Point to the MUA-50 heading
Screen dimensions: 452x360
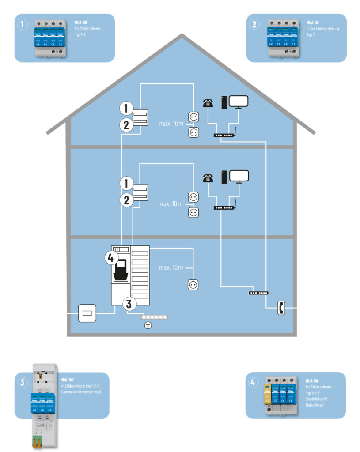tap(312, 380)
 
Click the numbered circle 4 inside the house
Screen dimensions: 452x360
tap(112, 258)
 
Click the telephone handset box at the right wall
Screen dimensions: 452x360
tap(280, 308)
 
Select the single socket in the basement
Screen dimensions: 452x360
tap(193, 285)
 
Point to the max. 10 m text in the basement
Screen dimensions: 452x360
tap(171, 268)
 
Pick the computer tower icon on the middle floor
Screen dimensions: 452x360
tap(224, 177)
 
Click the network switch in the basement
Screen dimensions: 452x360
tap(259, 293)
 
